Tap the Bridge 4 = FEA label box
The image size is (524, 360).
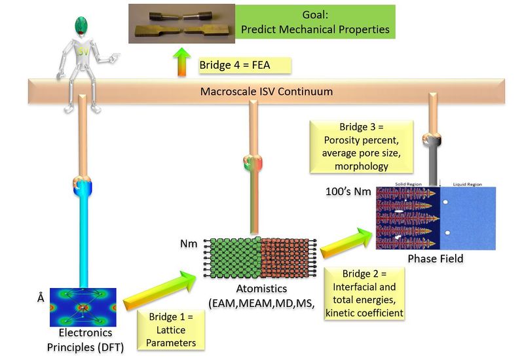pyautogui.click(x=243, y=65)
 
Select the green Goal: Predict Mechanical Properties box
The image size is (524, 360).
pyautogui.click(x=314, y=22)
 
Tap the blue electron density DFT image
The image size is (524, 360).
pyautogui.click(x=83, y=307)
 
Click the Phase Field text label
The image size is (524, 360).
pyautogui.click(x=435, y=259)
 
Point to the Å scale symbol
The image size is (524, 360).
pyautogui.click(x=41, y=298)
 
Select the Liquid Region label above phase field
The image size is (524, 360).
pyautogui.click(x=468, y=185)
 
